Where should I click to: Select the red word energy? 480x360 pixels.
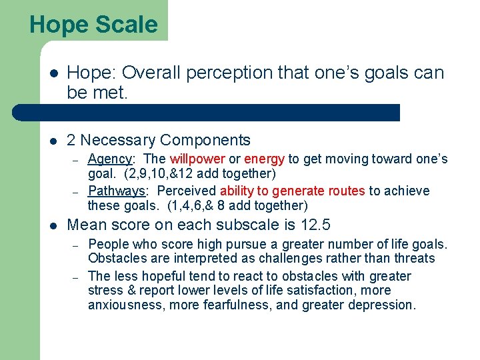click(264, 159)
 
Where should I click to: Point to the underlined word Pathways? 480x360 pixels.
click(116, 191)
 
